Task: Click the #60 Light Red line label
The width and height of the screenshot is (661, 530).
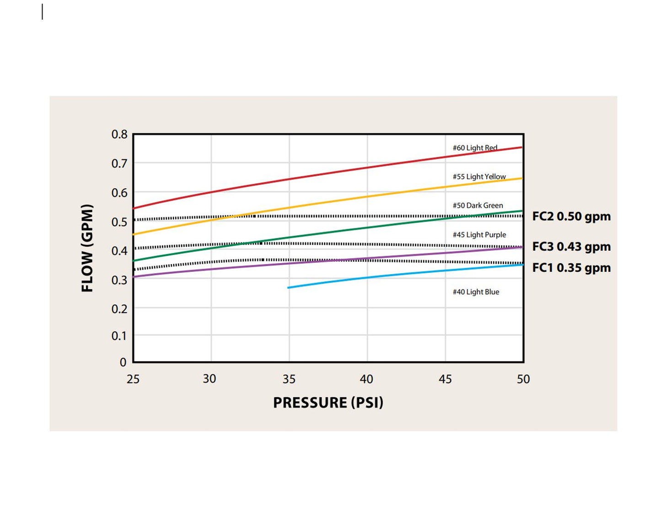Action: (x=475, y=148)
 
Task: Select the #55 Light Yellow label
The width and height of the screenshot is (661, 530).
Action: (x=479, y=177)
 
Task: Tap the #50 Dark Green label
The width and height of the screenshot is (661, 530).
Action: (x=478, y=206)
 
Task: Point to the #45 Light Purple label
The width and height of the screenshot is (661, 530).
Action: (x=479, y=235)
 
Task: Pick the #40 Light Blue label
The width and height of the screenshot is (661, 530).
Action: (x=476, y=292)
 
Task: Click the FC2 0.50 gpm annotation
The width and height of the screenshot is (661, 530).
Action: (x=571, y=216)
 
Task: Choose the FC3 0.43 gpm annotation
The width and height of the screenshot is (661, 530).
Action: (x=571, y=247)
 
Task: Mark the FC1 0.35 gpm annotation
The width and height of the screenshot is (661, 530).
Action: (x=571, y=268)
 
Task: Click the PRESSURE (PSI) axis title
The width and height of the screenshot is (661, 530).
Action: (x=328, y=402)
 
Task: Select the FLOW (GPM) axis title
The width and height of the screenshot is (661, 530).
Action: (x=87, y=248)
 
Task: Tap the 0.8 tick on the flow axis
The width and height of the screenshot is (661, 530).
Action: (x=119, y=135)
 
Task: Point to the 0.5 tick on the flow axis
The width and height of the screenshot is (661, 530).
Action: (x=119, y=222)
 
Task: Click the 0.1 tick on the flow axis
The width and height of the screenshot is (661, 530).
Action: (x=119, y=336)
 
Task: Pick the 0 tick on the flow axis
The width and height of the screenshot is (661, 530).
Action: (x=123, y=362)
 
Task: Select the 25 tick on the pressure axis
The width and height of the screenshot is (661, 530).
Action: (x=133, y=379)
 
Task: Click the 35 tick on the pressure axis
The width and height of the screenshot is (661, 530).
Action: (x=289, y=379)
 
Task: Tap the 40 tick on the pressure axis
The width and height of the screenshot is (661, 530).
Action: (x=366, y=379)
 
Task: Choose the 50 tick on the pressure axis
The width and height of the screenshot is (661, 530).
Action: (x=523, y=379)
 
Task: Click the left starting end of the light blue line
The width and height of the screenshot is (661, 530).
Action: (x=289, y=287)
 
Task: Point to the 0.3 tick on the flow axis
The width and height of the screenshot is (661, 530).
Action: (x=119, y=280)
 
